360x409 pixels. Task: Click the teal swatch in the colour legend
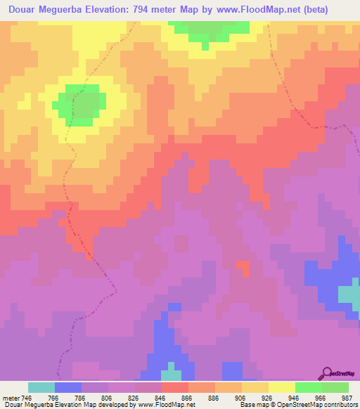pos(41,387)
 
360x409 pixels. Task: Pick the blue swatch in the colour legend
pos(68,387)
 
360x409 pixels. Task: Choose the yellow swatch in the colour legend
pos(282,387)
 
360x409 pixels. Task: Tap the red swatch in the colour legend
pos(175,387)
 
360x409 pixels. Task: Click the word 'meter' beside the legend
pos(11,397)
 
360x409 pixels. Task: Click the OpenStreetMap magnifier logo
pos(326,373)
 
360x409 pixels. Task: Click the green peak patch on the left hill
pos(82,104)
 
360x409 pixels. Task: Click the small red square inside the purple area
pos(243,267)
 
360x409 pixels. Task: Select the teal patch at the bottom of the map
pos(171,375)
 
